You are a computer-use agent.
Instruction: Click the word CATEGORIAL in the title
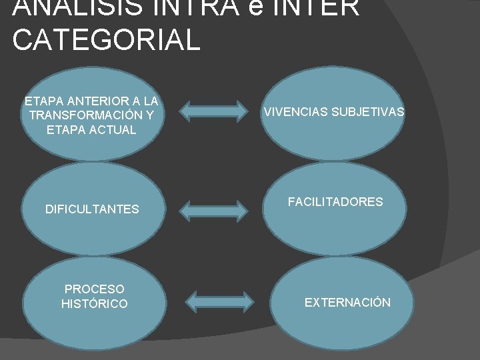[x=106, y=39]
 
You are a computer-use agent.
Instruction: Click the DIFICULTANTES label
[x=92, y=209]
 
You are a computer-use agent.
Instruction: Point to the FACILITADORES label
[x=335, y=201]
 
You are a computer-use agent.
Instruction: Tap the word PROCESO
[x=94, y=289]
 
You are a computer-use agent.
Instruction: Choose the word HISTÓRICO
[x=94, y=304]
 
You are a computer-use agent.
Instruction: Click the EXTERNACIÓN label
[x=347, y=303]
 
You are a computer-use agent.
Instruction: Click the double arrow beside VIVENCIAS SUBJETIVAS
[x=214, y=111]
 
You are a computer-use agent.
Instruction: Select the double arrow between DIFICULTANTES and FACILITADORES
[x=214, y=209]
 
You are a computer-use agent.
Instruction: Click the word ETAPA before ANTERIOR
[x=43, y=101]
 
